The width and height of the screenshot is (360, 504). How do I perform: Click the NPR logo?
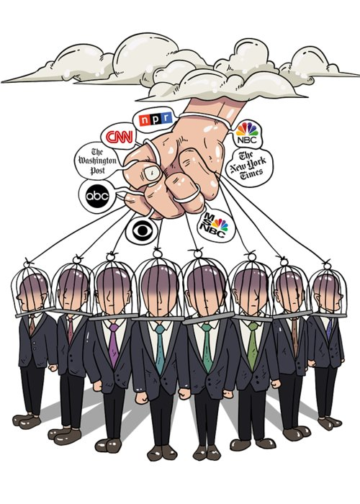156,119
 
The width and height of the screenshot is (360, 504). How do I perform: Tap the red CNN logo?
120,137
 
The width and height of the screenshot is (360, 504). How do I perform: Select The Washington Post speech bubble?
97,161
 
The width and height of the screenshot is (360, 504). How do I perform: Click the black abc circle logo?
97,196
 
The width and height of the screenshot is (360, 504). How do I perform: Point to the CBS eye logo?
142,230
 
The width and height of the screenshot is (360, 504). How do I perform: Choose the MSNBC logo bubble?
215,225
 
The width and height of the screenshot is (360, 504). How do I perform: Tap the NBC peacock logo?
247,132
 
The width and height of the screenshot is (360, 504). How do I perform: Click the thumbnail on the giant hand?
153,174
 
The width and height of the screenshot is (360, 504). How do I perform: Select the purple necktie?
114,345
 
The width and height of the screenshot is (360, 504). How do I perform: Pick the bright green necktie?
253,346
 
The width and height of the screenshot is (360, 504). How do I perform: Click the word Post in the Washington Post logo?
97,170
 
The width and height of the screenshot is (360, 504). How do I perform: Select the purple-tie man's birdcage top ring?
110,256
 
